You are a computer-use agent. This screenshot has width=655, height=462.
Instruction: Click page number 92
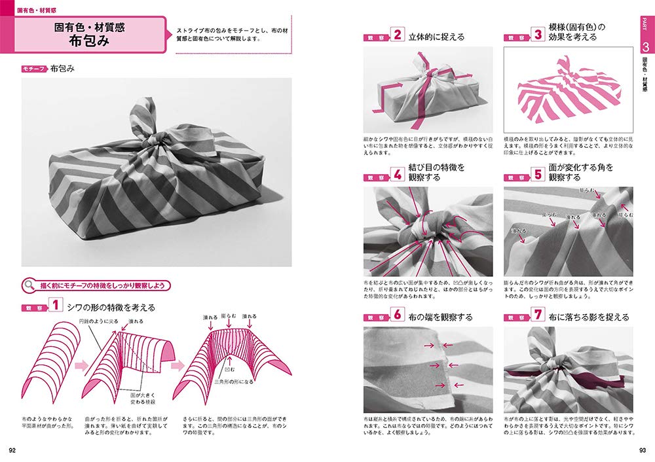[x=12, y=450]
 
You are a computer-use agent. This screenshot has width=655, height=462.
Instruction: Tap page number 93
[x=643, y=450]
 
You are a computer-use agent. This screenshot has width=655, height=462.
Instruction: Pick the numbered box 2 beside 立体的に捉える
[x=397, y=35]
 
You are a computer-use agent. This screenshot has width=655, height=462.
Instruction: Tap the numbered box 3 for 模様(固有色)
[x=538, y=35]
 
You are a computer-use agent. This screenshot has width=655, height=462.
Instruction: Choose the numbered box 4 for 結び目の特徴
[x=397, y=175]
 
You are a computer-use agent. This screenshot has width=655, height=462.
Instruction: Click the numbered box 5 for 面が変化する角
[x=538, y=175]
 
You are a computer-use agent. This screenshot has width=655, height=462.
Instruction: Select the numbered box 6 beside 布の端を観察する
[x=397, y=316]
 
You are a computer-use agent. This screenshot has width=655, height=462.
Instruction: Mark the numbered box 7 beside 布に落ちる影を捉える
[x=538, y=316]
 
